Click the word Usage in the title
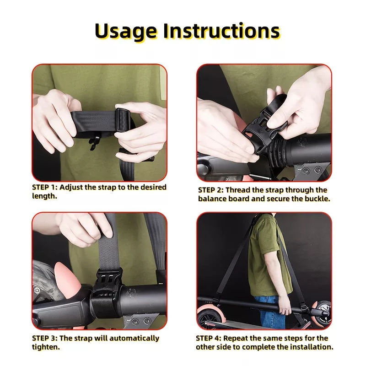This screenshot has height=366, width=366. (126, 32)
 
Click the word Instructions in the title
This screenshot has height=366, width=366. (221, 31)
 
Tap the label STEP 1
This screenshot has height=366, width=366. (44, 187)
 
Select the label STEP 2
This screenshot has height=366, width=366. (211, 190)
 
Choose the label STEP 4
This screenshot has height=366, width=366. (209, 338)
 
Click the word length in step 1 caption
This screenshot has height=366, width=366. (44, 196)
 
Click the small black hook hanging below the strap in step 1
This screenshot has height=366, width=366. (94, 143)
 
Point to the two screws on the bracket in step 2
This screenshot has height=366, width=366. (312, 170)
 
